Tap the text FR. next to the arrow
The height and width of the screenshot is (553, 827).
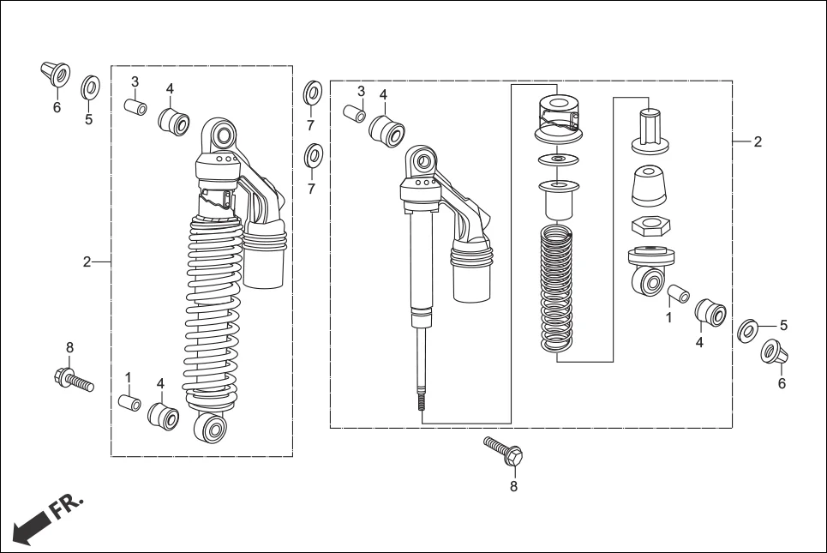pyautogui.click(x=67, y=505)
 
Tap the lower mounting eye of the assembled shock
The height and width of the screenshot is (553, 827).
pyautogui.click(x=211, y=430)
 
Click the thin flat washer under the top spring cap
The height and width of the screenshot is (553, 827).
pyautogui.click(x=557, y=159)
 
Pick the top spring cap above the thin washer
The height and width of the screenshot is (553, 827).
pyautogui.click(x=558, y=117)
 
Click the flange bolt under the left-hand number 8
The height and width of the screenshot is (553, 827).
pyautogui.click(x=74, y=378)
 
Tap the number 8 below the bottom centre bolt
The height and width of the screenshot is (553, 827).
pyautogui.click(x=513, y=486)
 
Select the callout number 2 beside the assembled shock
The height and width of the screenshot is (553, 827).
pyautogui.click(x=87, y=262)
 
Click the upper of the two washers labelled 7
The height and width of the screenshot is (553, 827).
pyautogui.click(x=313, y=92)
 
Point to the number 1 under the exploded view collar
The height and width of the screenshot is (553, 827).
pyautogui.click(x=668, y=316)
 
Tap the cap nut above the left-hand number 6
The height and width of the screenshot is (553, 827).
pyautogui.click(x=56, y=75)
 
